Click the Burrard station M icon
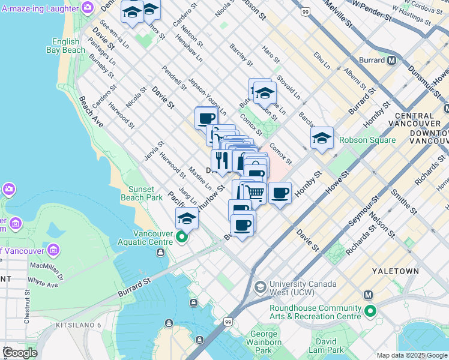391,60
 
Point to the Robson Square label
367,140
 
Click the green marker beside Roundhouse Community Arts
370,311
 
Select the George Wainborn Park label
264,342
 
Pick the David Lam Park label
327,345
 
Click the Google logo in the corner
19,353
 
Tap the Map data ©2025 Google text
411,355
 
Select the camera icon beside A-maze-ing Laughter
88,7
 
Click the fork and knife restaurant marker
221,160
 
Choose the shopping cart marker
256,192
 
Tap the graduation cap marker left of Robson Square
322,139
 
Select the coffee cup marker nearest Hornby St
280,193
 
